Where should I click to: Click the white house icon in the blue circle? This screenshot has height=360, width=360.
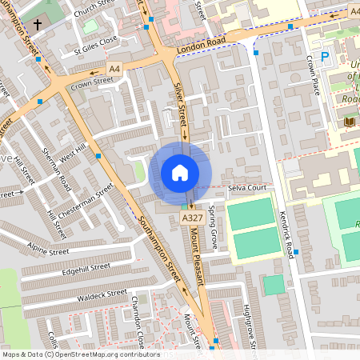pos(180,173)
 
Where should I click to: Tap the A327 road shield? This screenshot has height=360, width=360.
pos(192,218)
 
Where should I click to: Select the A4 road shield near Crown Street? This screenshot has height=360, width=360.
pos(115,70)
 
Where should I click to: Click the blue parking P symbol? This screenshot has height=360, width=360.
pos(325,57)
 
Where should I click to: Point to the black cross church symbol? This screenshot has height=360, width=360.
pos(37,25)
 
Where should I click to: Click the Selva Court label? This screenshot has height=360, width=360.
pos(246,188)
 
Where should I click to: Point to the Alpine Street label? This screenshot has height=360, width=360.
pos(48,250)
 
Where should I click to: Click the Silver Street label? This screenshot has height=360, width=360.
pos(179,106)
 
